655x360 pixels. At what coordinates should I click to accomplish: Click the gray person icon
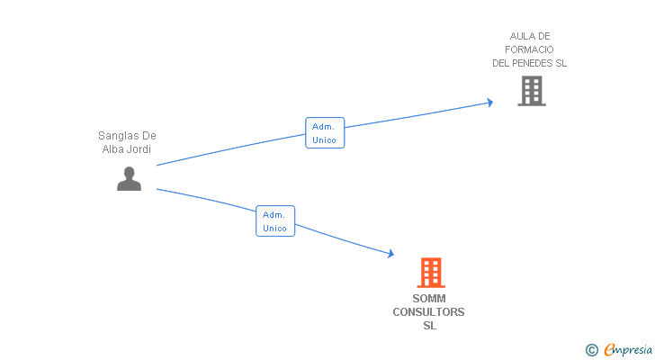pyautogui.click(x=129, y=179)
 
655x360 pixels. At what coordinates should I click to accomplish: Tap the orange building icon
pyautogui.click(x=431, y=273)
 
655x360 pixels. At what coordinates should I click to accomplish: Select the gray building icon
pyautogui.click(x=532, y=91)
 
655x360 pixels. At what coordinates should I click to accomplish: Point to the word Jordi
pyautogui.click(x=140, y=149)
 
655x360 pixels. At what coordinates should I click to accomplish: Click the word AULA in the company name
pyautogui.click(x=520, y=36)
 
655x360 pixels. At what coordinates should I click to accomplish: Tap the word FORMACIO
pyautogui.click(x=529, y=49)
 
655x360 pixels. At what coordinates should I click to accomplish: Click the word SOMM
pyautogui.click(x=429, y=299)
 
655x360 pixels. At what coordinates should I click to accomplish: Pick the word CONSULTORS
pyautogui.click(x=428, y=312)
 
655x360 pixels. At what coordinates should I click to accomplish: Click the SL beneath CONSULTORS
pyautogui.click(x=430, y=325)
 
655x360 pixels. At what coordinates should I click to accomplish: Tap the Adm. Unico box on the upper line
pyautogui.click(x=325, y=133)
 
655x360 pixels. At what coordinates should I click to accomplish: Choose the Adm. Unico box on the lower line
pyautogui.click(x=275, y=220)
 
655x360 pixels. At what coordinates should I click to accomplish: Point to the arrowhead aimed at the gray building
pyautogui.click(x=490, y=103)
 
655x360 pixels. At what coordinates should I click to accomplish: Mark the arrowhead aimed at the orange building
pyautogui.click(x=390, y=253)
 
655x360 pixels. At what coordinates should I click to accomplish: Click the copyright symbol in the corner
pyautogui.click(x=591, y=350)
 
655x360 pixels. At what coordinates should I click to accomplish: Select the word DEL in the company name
pyautogui.click(x=500, y=63)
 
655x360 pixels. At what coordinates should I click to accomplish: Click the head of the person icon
pyautogui.click(x=129, y=172)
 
